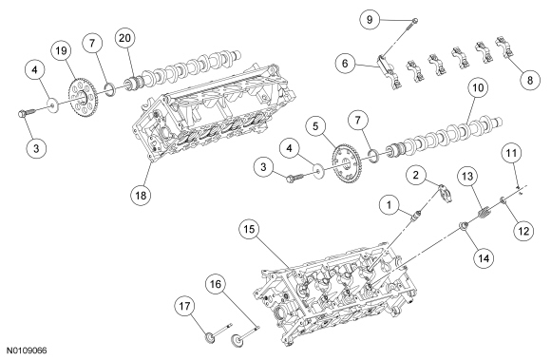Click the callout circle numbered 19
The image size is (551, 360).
click(x=61, y=51)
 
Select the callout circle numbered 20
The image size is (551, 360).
click(x=125, y=38)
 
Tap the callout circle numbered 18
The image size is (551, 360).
click(x=141, y=195)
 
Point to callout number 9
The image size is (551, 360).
click(x=370, y=19)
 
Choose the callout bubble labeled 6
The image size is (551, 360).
click(x=345, y=64)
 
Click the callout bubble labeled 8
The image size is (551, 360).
click(x=530, y=80)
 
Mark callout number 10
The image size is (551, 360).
click(x=478, y=87)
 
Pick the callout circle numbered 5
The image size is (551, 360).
click(x=315, y=126)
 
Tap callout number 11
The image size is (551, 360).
click(x=512, y=153)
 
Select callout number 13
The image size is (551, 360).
click(x=467, y=176)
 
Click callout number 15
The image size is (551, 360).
click(x=249, y=229)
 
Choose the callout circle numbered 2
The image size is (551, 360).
click(x=416, y=175)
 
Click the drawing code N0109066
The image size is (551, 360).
click(x=27, y=351)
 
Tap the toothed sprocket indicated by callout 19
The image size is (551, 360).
click(x=82, y=98)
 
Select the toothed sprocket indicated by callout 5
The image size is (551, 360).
click(x=346, y=163)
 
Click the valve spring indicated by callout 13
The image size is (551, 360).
click(x=484, y=213)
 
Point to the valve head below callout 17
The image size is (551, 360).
click(x=209, y=337)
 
